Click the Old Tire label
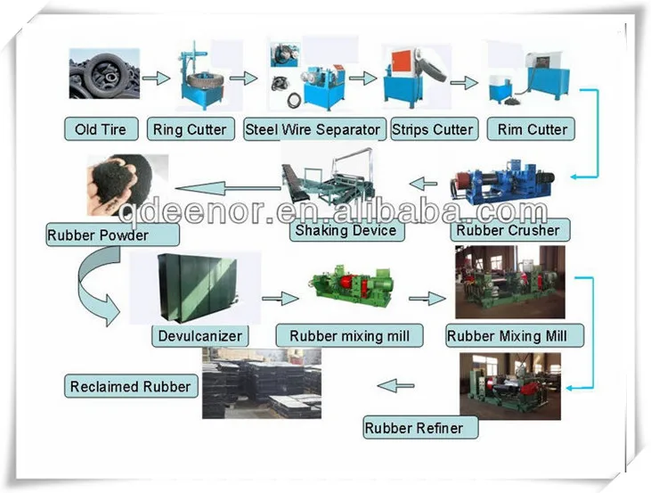[101, 129]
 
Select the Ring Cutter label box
[190, 129]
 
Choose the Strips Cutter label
[433, 129]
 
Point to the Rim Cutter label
[532, 129]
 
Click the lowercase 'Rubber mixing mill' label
[350, 336]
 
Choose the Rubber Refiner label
[414, 428]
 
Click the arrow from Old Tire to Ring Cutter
[156, 78]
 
